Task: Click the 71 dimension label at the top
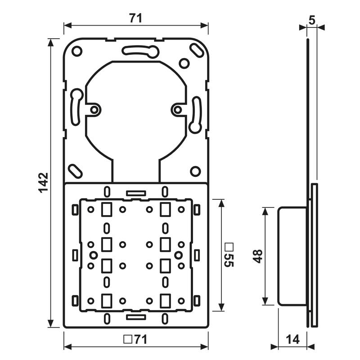[135, 18]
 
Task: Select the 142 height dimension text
[43, 182]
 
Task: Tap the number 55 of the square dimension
[229, 260]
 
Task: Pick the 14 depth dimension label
[292, 340]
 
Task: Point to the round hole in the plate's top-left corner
[77, 51]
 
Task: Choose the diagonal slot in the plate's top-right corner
[196, 50]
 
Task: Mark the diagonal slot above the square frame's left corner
[75, 171]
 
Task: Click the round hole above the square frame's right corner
[195, 171]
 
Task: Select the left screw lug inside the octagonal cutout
[94, 109]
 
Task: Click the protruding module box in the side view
[292, 256]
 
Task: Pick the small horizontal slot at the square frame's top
[136, 192]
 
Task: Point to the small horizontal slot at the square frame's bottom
[136, 317]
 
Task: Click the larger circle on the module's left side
[93, 255]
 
